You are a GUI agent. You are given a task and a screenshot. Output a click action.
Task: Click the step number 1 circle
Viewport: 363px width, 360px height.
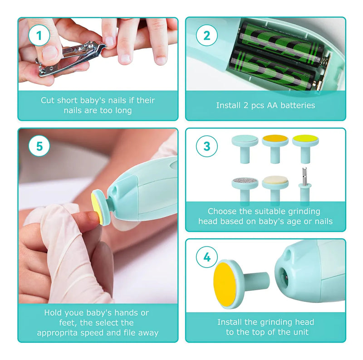point(39,35)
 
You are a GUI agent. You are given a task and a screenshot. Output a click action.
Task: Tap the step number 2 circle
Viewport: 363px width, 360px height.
point(206,35)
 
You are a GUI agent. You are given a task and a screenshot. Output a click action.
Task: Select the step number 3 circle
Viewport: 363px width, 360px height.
point(206,146)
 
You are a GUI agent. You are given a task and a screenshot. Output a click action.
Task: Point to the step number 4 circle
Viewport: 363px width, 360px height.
point(206,257)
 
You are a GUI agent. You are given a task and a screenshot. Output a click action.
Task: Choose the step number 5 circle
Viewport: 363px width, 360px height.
point(39,146)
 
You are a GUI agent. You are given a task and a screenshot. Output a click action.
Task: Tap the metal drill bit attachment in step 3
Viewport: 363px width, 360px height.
point(304,185)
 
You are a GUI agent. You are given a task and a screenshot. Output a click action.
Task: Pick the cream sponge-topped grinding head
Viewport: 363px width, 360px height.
point(275,189)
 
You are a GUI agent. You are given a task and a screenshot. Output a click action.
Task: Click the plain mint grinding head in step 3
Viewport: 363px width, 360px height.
point(245,148)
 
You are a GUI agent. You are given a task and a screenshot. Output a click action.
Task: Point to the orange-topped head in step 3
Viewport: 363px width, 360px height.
point(275,148)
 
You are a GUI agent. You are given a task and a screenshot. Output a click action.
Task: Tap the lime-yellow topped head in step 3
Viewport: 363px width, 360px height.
point(305,148)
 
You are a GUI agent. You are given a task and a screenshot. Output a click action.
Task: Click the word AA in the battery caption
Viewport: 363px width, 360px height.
point(272,105)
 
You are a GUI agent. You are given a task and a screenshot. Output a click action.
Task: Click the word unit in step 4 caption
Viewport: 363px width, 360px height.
point(301,332)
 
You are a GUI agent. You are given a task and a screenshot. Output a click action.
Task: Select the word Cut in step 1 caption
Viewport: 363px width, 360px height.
point(48,100)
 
